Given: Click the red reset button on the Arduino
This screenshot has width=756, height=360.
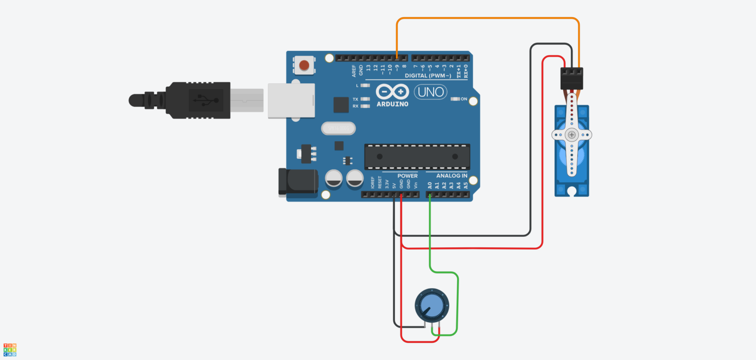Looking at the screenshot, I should [305, 65].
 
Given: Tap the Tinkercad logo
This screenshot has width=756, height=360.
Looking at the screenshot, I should [10, 350].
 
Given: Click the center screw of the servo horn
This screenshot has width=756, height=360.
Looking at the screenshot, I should [571, 134].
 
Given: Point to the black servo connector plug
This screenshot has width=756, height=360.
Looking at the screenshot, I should [571, 78].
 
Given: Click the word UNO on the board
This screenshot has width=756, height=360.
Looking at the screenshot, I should [431, 92].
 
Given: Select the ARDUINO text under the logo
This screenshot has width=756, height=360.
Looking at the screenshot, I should [392, 104].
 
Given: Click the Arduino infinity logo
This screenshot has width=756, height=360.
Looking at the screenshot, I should [392, 92].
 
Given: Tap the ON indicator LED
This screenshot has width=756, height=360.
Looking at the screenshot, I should [455, 99].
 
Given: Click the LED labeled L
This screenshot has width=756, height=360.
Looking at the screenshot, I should [365, 86].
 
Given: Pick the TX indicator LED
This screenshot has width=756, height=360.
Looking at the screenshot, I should [365, 99].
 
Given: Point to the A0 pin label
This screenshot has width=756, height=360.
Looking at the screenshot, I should [430, 185].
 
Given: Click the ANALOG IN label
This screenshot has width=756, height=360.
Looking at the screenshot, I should [446, 176].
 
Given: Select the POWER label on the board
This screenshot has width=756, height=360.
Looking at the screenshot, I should [407, 176].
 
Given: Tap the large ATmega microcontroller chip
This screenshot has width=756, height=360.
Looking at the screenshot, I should [417, 157].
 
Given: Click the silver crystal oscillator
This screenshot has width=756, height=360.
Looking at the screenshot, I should [338, 129].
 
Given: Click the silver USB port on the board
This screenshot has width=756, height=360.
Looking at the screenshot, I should [291, 100].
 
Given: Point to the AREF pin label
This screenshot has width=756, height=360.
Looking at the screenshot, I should [354, 72].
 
